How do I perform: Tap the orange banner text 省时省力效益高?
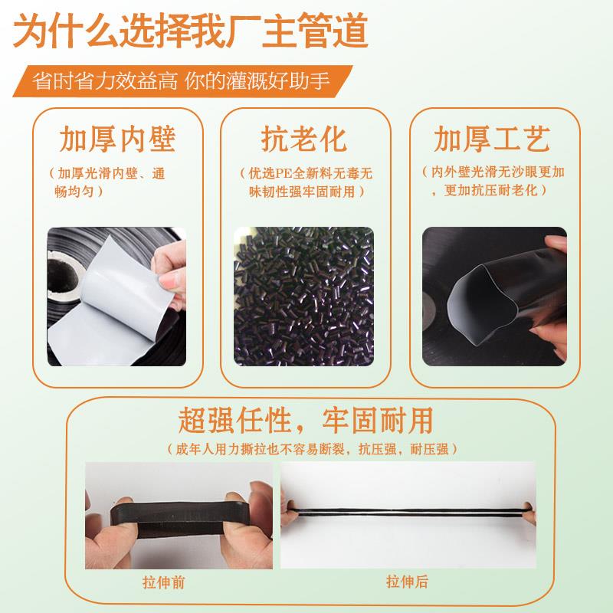tap(104, 80)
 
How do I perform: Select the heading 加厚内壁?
tap(117, 139)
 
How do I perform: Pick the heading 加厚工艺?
tap(491, 139)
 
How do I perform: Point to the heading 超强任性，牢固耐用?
tap(306, 419)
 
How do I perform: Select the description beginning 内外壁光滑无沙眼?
tap(491, 180)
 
